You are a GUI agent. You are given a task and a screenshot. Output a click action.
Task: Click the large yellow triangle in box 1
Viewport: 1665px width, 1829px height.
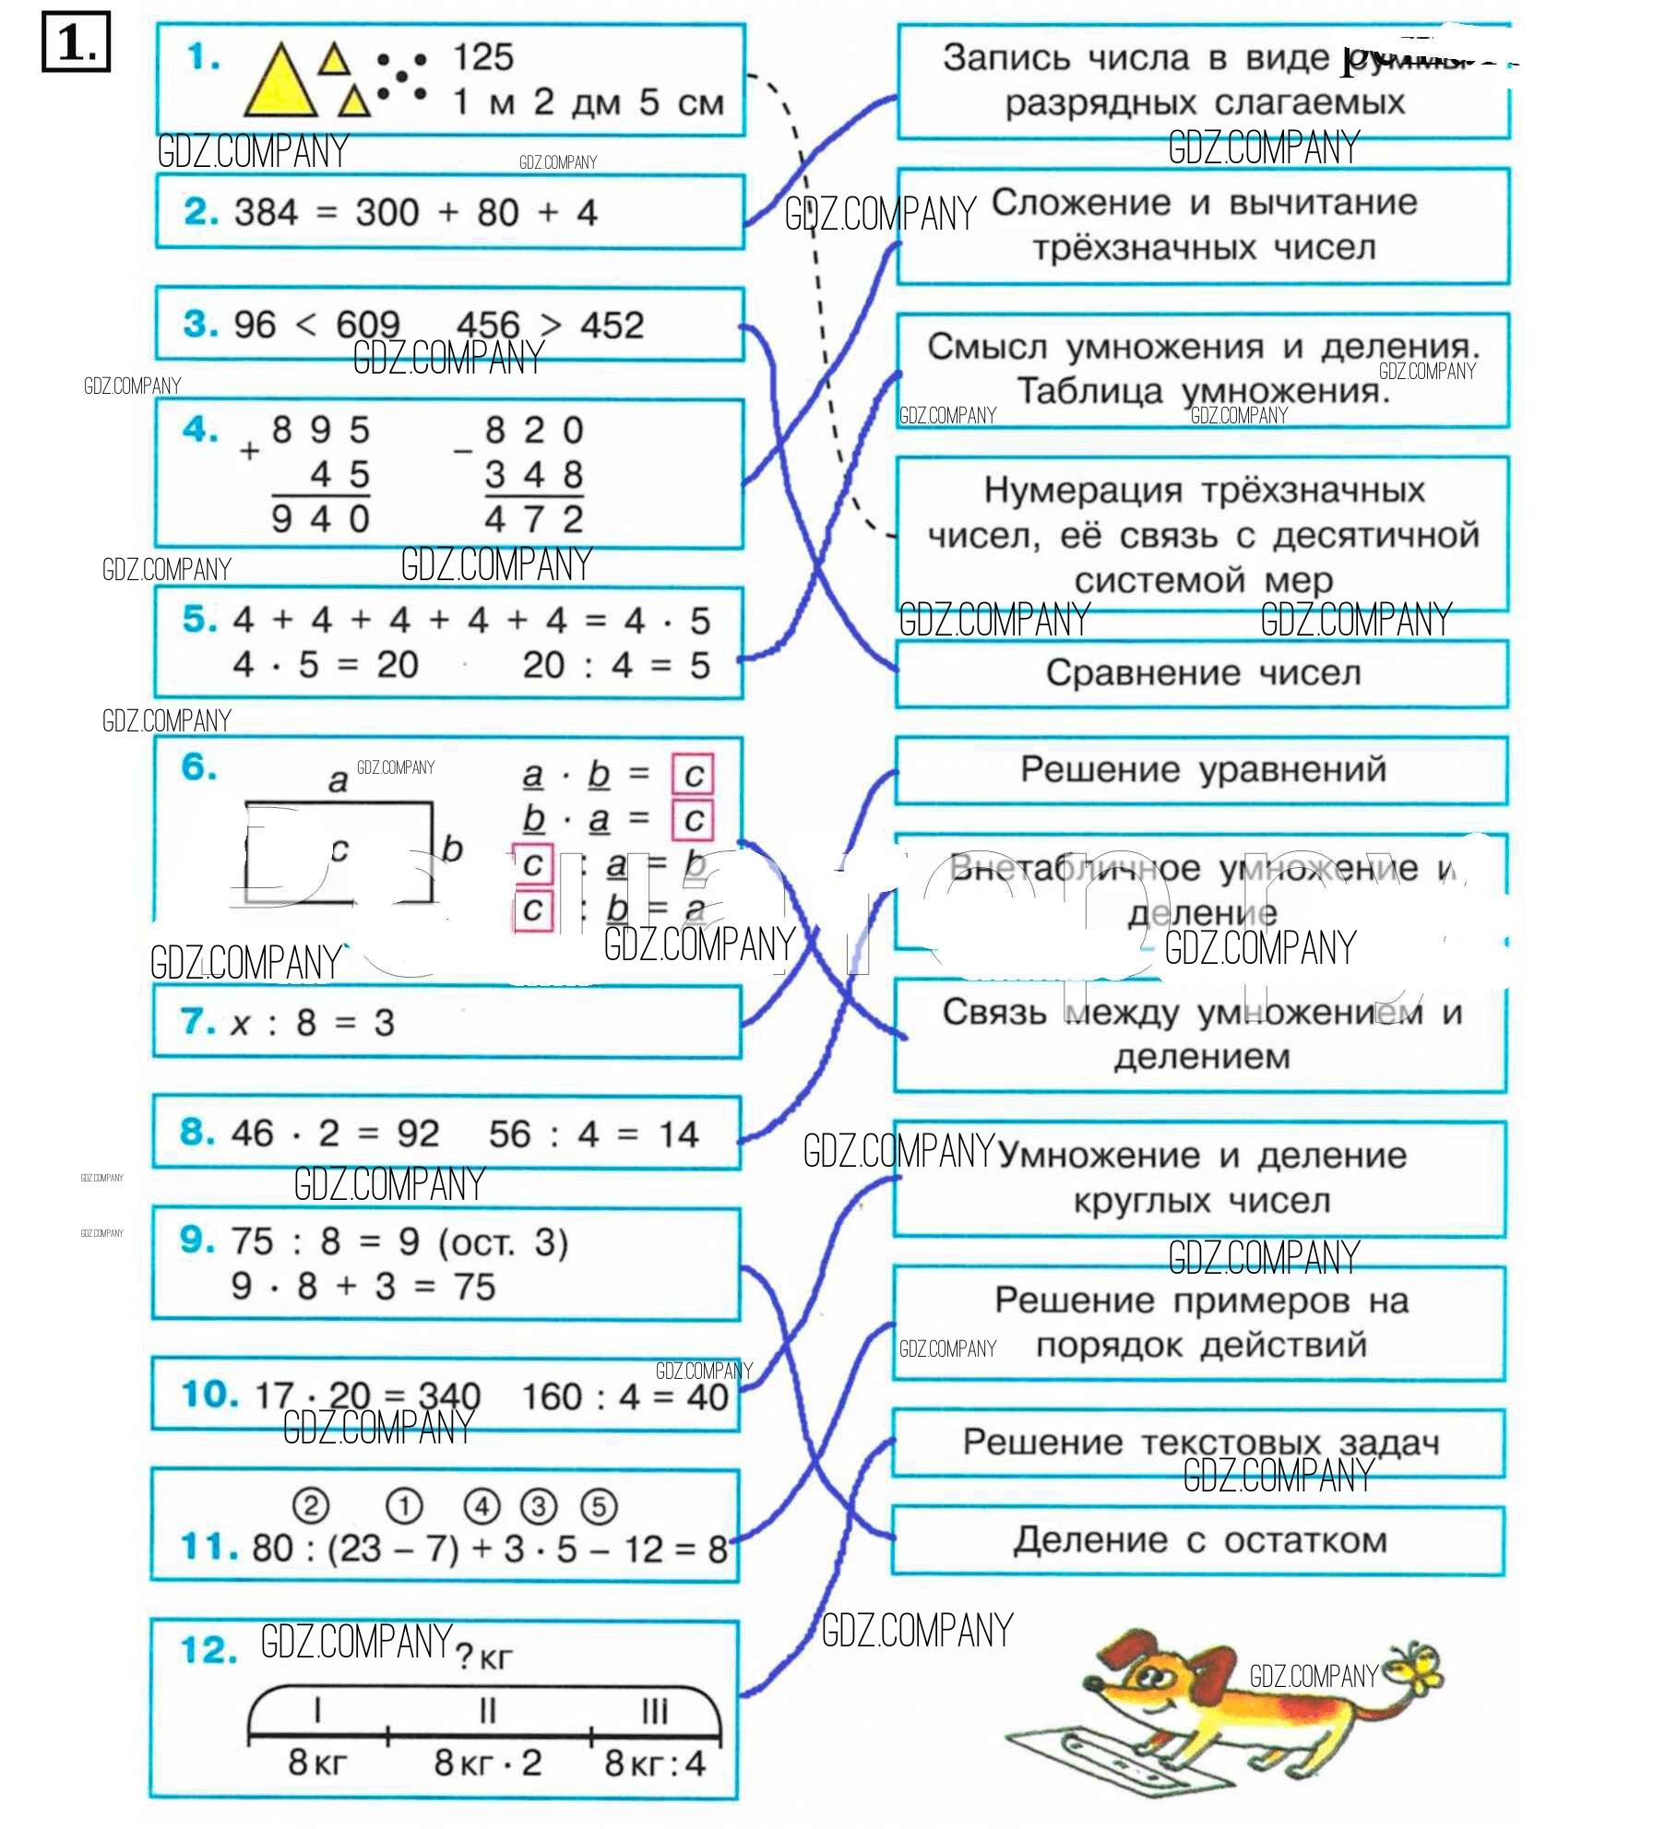pyautogui.click(x=279, y=86)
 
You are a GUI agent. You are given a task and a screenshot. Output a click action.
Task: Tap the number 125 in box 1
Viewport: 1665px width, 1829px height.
pyautogui.click(x=483, y=58)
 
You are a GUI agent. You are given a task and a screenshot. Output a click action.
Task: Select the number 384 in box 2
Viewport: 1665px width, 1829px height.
pyautogui.click(x=267, y=213)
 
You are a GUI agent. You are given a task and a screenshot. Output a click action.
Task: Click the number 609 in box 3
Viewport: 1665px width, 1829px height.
pyautogui.click(x=368, y=326)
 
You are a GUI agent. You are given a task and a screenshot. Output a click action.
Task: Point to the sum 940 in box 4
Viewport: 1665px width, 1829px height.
pyautogui.click(x=321, y=519)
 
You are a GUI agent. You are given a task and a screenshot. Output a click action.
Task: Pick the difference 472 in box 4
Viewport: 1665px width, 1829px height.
pyautogui.click(x=534, y=519)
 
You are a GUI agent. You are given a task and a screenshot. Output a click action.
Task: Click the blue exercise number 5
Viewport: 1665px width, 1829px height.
pyautogui.click(x=198, y=619)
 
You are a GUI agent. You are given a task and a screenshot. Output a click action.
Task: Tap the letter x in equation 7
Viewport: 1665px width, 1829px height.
pyautogui.click(x=241, y=1024)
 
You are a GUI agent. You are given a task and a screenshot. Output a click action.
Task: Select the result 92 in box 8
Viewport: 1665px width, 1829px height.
pyautogui.click(x=418, y=1134)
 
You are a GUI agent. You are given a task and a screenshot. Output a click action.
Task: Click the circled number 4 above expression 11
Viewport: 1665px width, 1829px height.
pyautogui.click(x=482, y=1506)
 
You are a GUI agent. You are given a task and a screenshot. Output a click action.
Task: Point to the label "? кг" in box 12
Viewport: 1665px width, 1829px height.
pyautogui.click(x=483, y=1658)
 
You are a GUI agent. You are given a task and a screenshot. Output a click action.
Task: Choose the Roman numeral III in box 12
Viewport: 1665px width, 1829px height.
pyautogui.click(x=654, y=1712)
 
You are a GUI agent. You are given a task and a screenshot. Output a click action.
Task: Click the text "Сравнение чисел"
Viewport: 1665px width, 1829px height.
pyautogui.click(x=1203, y=673)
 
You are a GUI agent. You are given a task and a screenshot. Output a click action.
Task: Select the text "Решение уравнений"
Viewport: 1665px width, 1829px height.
pyautogui.click(x=1203, y=769)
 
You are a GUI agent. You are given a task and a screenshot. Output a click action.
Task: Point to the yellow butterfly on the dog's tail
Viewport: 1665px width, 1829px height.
pyautogui.click(x=1416, y=1666)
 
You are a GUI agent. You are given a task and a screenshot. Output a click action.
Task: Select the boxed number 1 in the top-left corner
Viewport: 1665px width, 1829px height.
pyautogui.click(x=76, y=42)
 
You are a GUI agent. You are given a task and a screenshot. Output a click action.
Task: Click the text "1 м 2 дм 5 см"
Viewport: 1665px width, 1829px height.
pyautogui.click(x=589, y=102)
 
